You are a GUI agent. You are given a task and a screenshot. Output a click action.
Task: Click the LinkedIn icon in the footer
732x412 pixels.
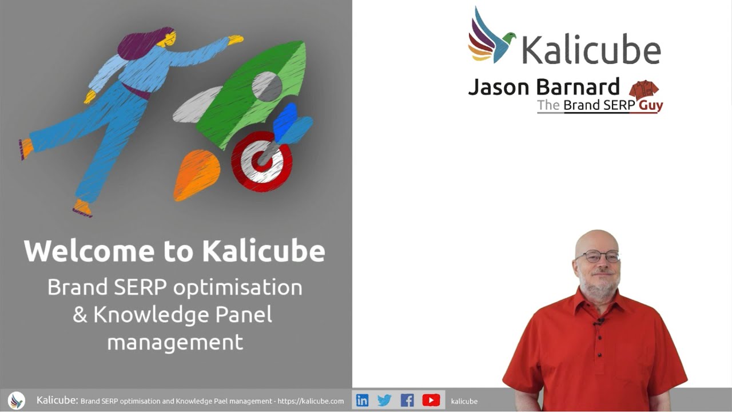(x=362, y=400)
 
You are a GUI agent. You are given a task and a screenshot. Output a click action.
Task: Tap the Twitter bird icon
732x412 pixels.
(x=384, y=400)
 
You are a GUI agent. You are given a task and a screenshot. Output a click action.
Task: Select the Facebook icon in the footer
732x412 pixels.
(x=407, y=400)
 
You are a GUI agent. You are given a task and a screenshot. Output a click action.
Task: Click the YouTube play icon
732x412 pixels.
(x=431, y=400)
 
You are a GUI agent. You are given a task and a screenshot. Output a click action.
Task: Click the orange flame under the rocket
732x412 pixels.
(x=196, y=174)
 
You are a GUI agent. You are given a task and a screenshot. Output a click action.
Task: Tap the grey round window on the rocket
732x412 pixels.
(x=267, y=86)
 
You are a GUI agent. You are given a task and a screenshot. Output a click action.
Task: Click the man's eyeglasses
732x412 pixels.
(x=597, y=256)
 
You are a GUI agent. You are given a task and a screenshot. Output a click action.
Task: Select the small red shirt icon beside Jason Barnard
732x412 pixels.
(x=644, y=90)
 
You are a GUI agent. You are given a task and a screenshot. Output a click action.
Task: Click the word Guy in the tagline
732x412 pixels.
(x=651, y=105)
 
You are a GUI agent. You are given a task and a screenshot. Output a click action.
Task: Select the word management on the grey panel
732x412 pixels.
(x=175, y=342)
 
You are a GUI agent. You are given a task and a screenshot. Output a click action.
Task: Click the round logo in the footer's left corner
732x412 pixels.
(x=17, y=400)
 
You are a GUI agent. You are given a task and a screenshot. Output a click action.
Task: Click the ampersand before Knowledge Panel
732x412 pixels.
(x=80, y=315)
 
